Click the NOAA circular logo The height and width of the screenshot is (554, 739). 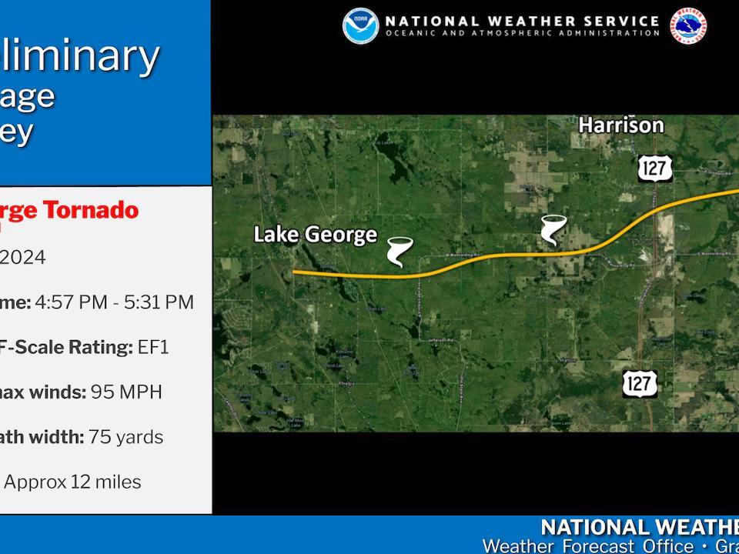click(360, 26)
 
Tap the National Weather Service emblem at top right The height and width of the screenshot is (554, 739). click(687, 26)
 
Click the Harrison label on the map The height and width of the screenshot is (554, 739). click(620, 125)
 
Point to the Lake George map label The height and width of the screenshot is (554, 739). click(316, 235)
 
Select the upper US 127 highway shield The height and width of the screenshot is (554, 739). click(654, 168)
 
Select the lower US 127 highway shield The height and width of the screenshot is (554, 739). click(640, 382)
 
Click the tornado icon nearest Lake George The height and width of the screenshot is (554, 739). click(400, 251)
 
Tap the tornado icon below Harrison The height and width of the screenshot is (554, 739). click(553, 230)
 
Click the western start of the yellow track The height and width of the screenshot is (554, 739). click(295, 272)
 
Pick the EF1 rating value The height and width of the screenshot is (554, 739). click(153, 347)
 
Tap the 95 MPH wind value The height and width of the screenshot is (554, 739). click(126, 392)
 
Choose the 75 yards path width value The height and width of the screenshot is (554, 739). click(125, 437)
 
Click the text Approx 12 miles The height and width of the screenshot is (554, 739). click(73, 482)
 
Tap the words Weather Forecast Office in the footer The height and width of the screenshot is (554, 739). click(587, 546)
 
